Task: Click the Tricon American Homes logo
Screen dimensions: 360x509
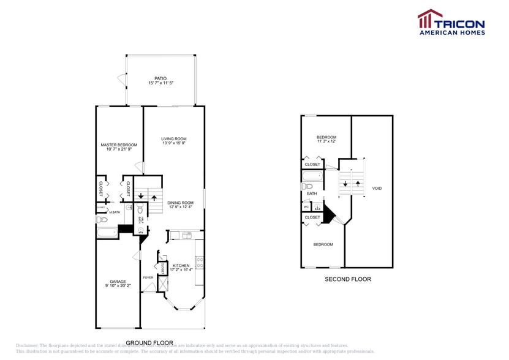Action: [451, 23]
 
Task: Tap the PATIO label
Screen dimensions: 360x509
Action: [160, 78]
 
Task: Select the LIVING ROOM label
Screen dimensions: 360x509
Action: [174, 139]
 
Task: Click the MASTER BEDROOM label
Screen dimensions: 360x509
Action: [119, 145]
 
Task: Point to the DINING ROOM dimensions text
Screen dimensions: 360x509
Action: [181, 207]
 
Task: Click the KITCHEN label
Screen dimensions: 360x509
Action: [181, 266]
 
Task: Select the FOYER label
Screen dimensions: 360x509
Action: [148, 277]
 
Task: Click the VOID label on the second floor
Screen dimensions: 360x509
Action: [377, 188]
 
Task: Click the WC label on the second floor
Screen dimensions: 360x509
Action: [306, 207]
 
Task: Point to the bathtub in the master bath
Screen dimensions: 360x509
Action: [108, 233]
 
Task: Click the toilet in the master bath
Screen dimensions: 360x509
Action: [102, 219]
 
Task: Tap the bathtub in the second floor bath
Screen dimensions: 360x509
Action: [312, 178]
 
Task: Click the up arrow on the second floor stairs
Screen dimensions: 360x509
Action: [357, 183]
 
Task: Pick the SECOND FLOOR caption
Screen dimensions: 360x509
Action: [347, 279]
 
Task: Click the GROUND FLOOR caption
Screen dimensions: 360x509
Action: [149, 343]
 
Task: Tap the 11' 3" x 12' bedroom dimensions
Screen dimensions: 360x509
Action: [326, 141]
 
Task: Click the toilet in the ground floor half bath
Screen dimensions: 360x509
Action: [140, 208]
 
